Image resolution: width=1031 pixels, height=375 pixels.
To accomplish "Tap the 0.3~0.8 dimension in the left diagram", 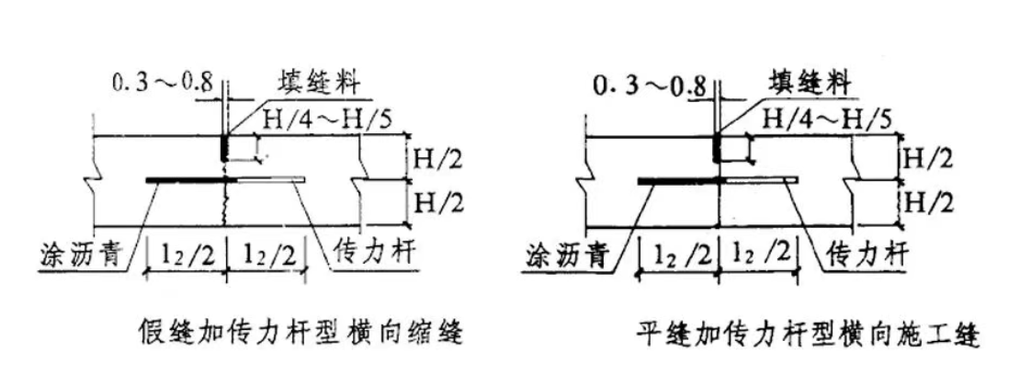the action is tap(163, 85).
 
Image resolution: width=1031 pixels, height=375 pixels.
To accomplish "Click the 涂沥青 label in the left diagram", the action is tap(82, 254).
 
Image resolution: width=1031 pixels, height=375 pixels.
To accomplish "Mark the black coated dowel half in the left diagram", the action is tap(191, 179).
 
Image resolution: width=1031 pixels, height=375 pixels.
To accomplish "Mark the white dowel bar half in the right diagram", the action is tap(761, 179).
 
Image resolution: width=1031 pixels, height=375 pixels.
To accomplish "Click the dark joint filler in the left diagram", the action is tap(224, 148).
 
